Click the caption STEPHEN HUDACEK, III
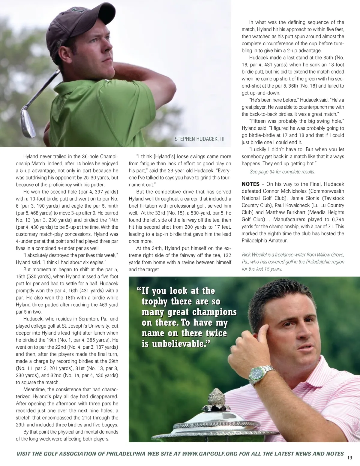coord(199,139)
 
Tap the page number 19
coord(349,458)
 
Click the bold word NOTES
coord(252,184)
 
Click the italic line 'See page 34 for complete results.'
coord(282,172)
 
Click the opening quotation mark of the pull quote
coord(139,290)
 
